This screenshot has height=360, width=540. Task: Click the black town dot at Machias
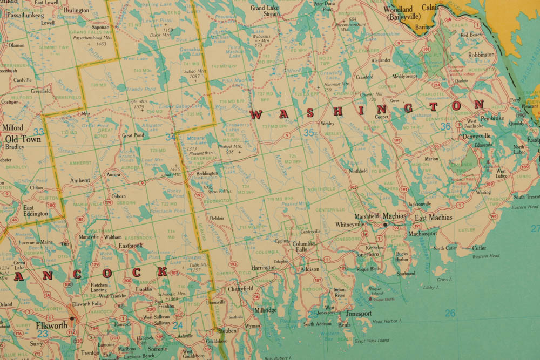[x=384, y=223]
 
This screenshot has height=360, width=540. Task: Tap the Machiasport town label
[x=423, y=234]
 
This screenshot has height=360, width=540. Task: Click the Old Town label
[x=23, y=139]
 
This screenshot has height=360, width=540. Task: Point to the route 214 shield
[x=436, y=85]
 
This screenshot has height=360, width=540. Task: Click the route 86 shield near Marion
[x=436, y=146]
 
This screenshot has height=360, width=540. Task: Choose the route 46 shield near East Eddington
[x=15, y=220]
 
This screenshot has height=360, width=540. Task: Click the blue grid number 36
[x=446, y=126]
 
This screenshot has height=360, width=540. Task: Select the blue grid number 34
[x=171, y=138]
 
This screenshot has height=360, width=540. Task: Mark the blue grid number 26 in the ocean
[x=450, y=313]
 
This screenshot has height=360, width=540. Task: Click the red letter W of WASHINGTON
[x=256, y=114]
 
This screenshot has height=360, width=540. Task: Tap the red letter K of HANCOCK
[x=162, y=272]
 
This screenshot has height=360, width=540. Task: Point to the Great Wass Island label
[x=372, y=341]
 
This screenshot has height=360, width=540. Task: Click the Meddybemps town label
[x=405, y=76]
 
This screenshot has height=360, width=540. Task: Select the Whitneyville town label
[x=350, y=224]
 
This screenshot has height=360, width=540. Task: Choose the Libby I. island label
[x=431, y=288]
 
